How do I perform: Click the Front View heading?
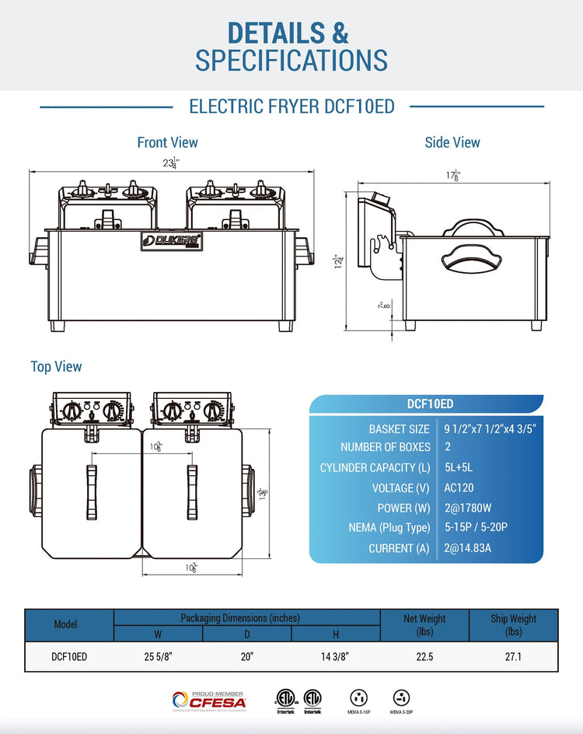pos(167,142)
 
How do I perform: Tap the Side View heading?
pos(452,142)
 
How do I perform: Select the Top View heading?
pos(56,366)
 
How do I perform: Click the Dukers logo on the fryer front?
pos(172,242)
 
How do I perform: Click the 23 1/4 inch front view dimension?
pos(170,163)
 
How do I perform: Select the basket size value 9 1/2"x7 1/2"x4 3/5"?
pos(490,428)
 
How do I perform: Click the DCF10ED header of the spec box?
pos(430,404)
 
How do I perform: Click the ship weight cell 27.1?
pos(513,657)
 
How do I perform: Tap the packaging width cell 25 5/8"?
pos(158,657)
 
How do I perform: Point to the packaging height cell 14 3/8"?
pos(335,657)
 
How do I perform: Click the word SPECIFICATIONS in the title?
pos(291,60)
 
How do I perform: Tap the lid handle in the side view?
pos(471,226)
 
